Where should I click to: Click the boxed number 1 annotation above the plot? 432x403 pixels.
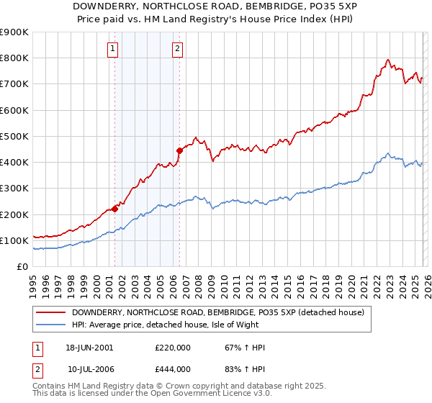(114, 49)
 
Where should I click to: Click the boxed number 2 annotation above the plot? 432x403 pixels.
(177, 49)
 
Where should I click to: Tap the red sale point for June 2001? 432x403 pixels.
(114, 209)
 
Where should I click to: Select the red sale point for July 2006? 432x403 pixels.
(179, 150)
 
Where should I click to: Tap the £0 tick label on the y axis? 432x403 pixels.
(22, 267)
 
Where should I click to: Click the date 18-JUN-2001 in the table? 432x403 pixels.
(89, 348)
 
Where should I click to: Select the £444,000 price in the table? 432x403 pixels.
(172, 369)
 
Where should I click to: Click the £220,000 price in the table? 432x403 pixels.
(172, 348)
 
